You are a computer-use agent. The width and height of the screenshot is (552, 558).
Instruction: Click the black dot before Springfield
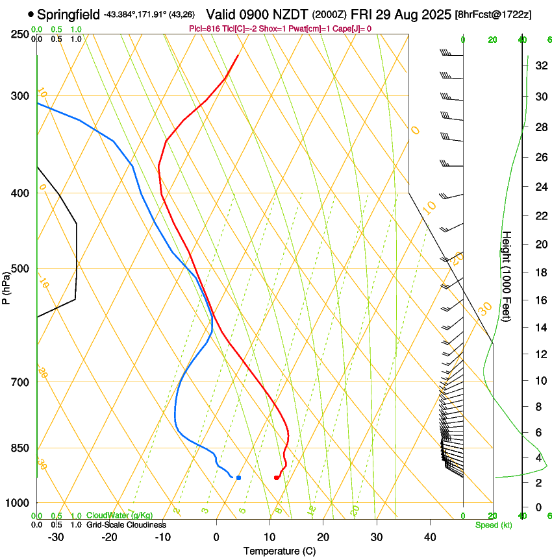31,14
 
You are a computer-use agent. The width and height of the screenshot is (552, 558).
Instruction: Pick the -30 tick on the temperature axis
56,537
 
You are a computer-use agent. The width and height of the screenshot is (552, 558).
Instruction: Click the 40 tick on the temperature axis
430,537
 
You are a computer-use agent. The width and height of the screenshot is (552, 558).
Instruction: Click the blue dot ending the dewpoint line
238,478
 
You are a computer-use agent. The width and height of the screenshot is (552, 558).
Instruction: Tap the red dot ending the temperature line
277,478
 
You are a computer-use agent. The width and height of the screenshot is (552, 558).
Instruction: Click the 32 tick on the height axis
539,66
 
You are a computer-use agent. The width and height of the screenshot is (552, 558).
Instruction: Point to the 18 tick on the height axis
539,272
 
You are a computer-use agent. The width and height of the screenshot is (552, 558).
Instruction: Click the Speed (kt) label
493,524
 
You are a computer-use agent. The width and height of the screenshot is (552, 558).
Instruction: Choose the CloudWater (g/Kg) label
120,516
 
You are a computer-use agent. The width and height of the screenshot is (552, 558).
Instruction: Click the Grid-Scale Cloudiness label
126,524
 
